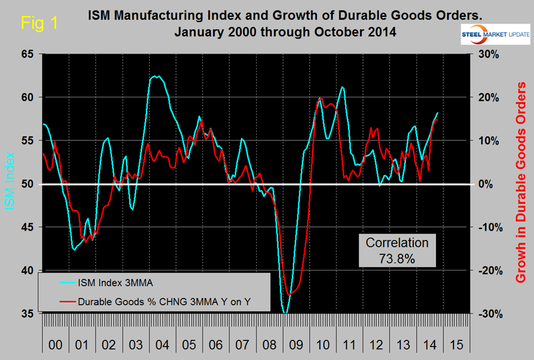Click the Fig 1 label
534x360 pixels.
click(x=39, y=23)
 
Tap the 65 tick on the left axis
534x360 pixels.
click(x=27, y=54)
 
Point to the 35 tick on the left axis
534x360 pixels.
click(x=27, y=314)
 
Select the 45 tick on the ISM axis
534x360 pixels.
click(x=27, y=227)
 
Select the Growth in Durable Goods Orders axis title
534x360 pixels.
click(x=521, y=182)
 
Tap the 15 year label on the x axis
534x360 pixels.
click(x=456, y=346)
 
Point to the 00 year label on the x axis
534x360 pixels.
click(x=55, y=346)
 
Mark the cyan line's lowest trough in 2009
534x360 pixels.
click(x=286, y=312)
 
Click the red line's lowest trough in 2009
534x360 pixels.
click(x=289, y=294)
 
